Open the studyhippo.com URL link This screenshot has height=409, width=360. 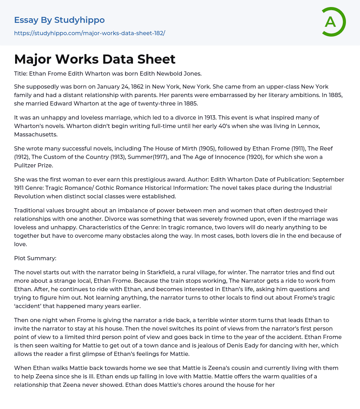coord(89,33)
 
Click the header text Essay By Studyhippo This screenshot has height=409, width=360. coord(59,20)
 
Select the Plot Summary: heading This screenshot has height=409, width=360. coord(35,258)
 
